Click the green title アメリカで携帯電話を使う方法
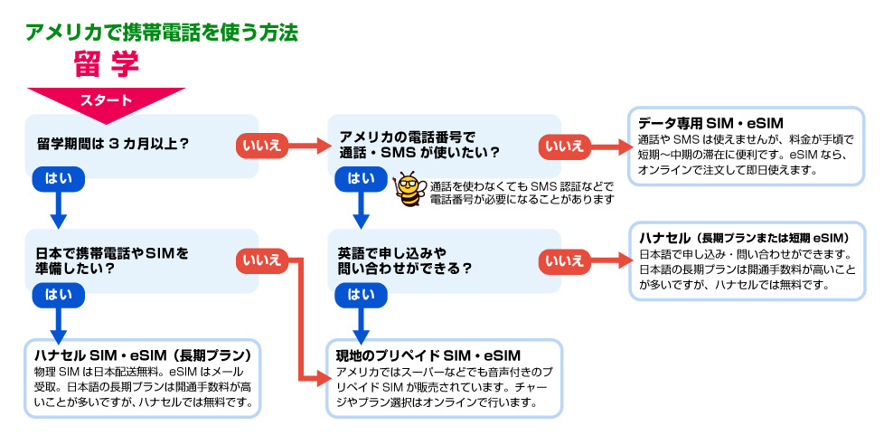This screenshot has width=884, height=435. pos(162,33)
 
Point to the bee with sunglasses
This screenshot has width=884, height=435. pos(410,189)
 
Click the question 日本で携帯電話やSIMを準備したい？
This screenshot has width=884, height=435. pos(107,260)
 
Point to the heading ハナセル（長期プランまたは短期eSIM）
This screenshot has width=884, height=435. pos(741,237)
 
